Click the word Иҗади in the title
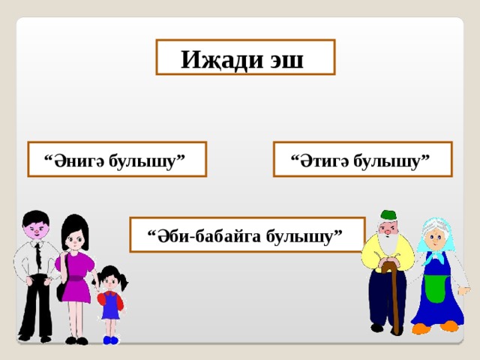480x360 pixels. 217,58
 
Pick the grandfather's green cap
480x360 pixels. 387,216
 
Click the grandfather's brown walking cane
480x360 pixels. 394,296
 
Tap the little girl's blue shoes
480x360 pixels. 111,340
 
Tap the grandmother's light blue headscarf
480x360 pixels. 436,225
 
